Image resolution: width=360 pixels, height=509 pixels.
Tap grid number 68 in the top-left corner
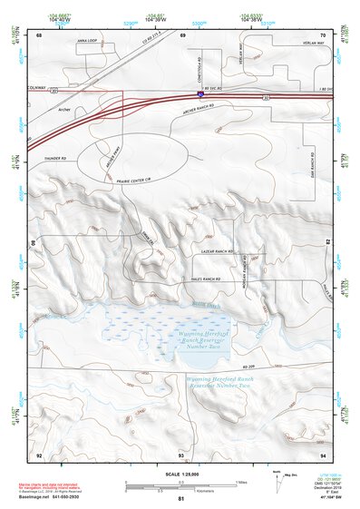[x=40, y=34]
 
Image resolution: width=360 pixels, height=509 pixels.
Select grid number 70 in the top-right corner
[x=322, y=34]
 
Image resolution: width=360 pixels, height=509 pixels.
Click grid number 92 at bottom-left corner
[x=39, y=454]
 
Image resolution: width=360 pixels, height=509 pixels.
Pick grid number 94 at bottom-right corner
[x=322, y=454]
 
